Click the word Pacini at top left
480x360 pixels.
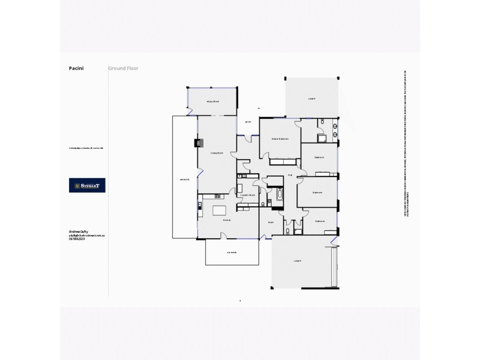(76, 68)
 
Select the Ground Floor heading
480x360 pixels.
(123, 68)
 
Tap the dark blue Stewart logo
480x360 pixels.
(87, 185)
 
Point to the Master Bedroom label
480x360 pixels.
(280, 139)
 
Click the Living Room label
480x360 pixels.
(217, 153)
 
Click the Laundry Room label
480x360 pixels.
(248, 195)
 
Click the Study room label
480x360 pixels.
(271, 221)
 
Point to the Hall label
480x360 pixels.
(290, 175)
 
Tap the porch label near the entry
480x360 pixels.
(247, 122)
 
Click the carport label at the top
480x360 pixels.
(311, 98)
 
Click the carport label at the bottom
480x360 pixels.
(297, 261)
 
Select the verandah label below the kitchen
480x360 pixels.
(232, 253)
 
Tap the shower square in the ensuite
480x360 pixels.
(322, 136)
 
